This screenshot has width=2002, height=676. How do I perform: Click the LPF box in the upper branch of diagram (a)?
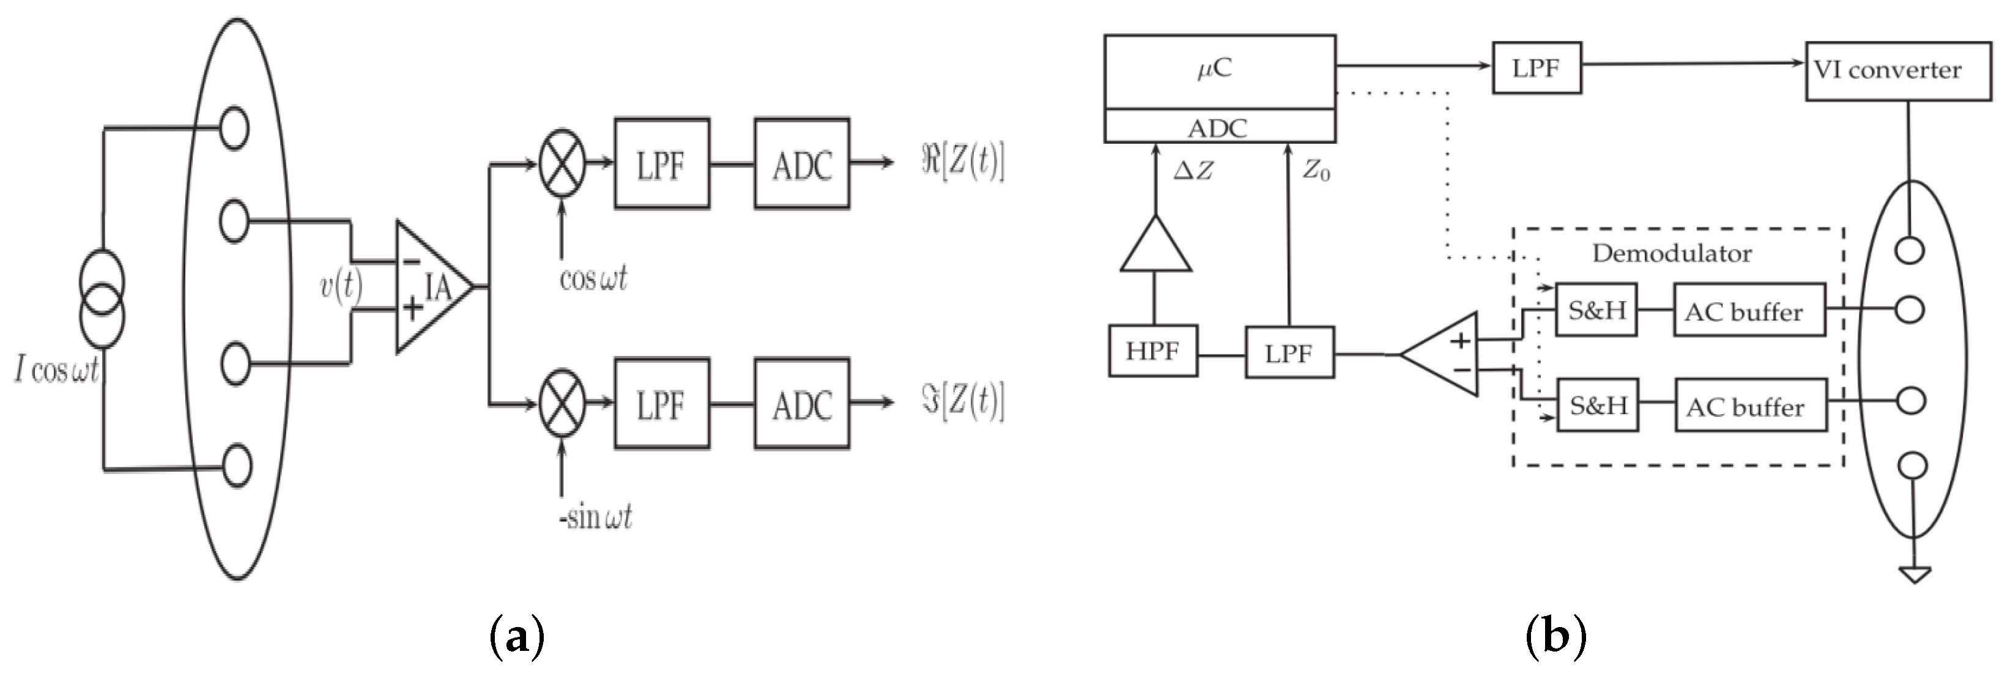point(661,164)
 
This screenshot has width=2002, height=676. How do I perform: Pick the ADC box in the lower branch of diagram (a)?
point(801,404)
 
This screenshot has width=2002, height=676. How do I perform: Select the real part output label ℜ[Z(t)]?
point(962,164)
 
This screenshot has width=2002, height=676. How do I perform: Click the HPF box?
point(1152,352)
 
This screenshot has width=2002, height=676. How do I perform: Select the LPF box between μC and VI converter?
point(1537,69)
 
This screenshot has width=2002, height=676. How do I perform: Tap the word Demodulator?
point(1672,253)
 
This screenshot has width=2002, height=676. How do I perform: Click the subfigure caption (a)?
point(517,636)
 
